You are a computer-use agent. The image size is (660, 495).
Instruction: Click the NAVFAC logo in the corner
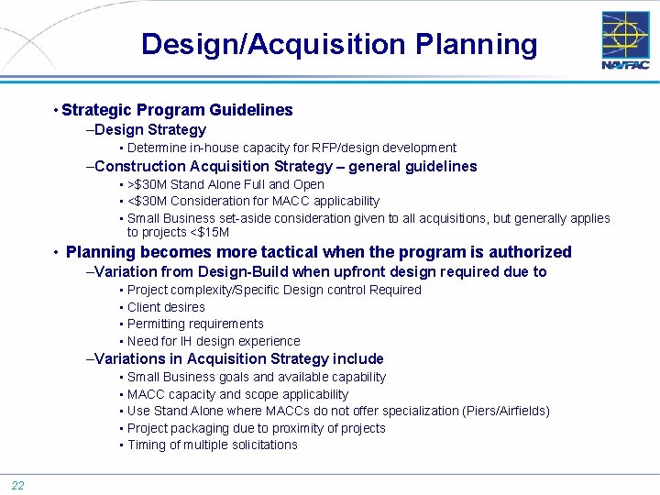pyautogui.click(x=625, y=40)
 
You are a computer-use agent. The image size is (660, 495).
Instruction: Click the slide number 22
pyautogui.click(x=17, y=485)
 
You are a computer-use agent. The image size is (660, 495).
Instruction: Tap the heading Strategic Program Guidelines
pyautogui.click(x=177, y=110)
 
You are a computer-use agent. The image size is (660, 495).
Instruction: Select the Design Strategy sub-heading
pyautogui.click(x=149, y=130)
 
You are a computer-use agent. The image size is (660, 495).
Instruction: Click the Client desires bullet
pyautogui.click(x=166, y=307)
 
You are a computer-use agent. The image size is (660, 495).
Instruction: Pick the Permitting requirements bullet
pyautogui.click(x=195, y=324)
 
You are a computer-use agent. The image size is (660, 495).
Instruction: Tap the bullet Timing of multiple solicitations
pyautogui.click(x=212, y=445)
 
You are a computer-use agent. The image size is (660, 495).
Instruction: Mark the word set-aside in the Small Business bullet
pyautogui.click(x=225, y=218)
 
